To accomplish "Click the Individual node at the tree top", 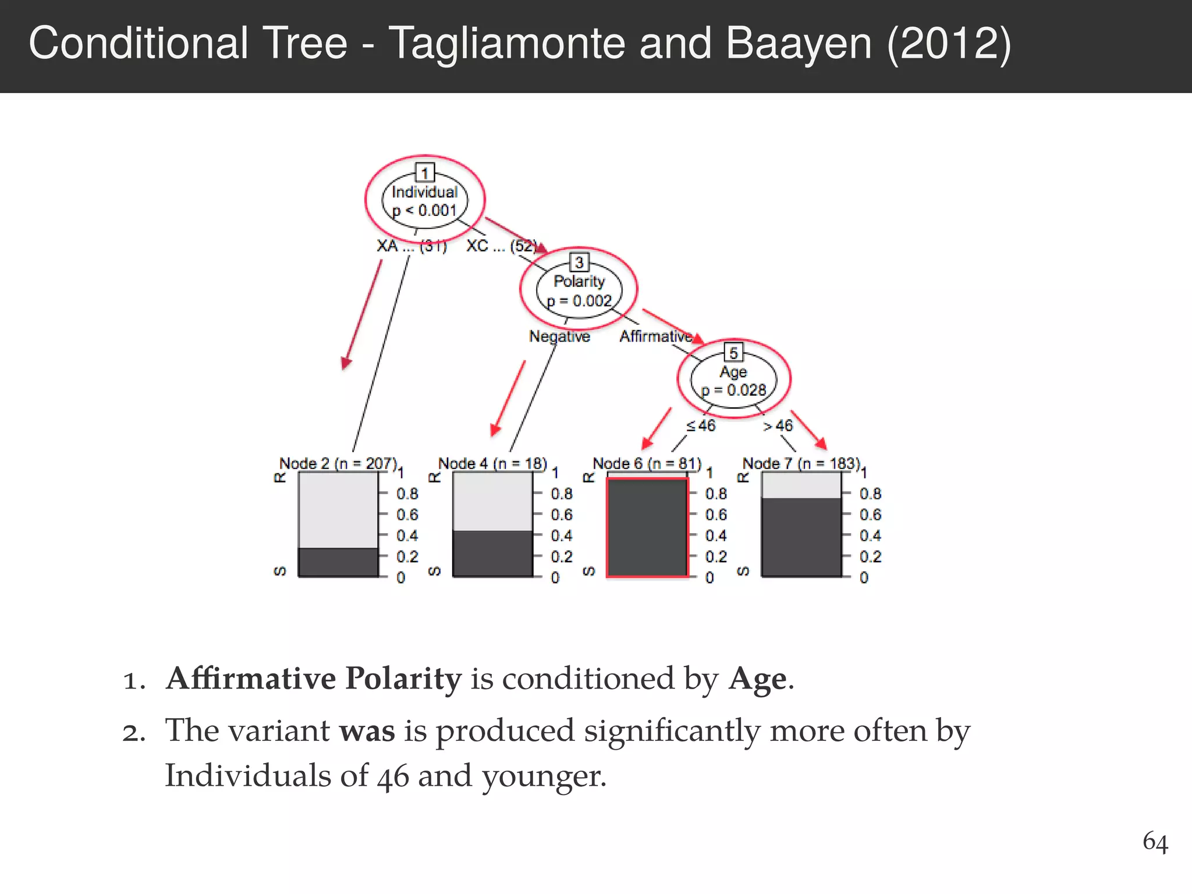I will click(x=425, y=201).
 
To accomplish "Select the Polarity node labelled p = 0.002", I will click(x=579, y=291).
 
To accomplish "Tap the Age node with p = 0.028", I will click(x=733, y=381).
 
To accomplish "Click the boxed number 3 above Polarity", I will click(x=579, y=262).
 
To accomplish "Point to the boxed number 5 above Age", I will click(x=733, y=353).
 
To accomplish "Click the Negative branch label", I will click(x=559, y=336).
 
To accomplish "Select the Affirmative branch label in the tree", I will click(x=656, y=336).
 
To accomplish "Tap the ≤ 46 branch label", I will click(x=701, y=426).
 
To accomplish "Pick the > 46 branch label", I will click(x=778, y=426).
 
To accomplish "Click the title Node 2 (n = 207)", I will click(x=338, y=464).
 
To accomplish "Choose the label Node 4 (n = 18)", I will click(x=492, y=464).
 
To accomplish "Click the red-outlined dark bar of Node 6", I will click(x=647, y=527).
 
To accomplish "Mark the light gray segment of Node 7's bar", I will click(x=801, y=485).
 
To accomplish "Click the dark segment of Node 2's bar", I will click(x=338, y=562).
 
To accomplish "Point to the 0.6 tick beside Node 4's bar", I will click(x=562, y=515).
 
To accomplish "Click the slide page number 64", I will click(x=1155, y=842).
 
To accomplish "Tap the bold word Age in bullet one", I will click(x=757, y=679).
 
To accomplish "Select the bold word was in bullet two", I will click(x=367, y=731).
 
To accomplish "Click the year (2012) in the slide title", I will click(x=949, y=44).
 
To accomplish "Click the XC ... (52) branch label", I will click(x=501, y=246).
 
